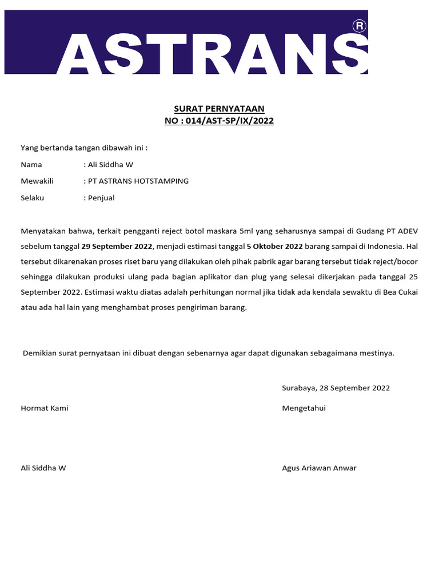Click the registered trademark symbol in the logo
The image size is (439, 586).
click(359, 26)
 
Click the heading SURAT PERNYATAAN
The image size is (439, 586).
click(219, 109)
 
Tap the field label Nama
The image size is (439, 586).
click(31, 164)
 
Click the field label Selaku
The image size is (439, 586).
click(33, 198)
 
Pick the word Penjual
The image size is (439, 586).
click(101, 198)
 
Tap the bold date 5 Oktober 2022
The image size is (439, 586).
click(274, 246)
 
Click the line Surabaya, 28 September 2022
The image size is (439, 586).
click(336, 388)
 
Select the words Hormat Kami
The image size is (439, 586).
click(45, 408)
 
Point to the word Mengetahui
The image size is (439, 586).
click(304, 408)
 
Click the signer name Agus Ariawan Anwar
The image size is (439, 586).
click(319, 468)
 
